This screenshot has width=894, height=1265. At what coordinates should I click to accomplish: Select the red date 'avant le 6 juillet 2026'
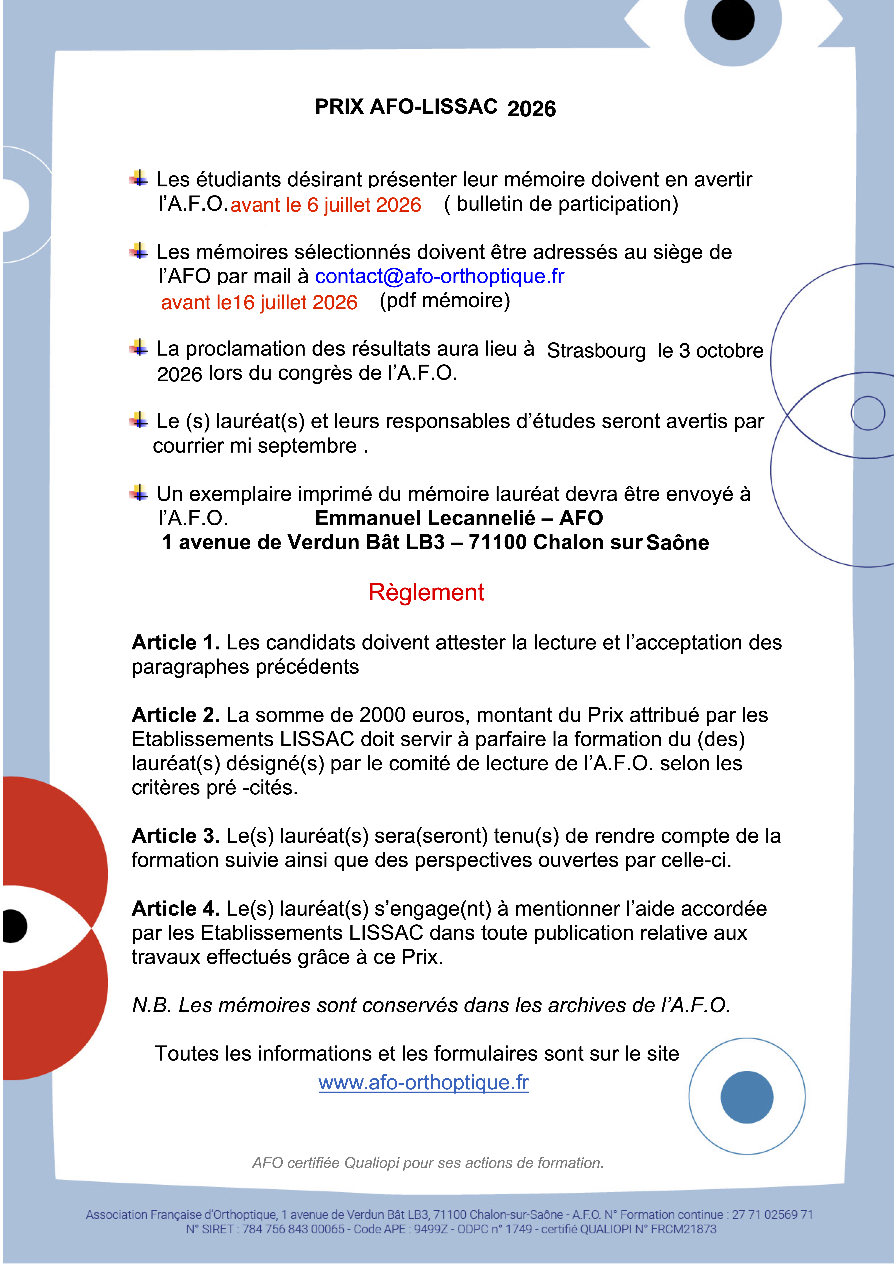(x=326, y=205)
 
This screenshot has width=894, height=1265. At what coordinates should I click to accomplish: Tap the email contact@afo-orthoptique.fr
(x=439, y=276)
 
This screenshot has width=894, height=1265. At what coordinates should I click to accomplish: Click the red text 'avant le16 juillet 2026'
(x=259, y=303)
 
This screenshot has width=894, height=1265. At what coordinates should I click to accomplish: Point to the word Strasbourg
(x=596, y=351)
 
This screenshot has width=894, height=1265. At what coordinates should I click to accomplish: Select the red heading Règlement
(x=426, y=592)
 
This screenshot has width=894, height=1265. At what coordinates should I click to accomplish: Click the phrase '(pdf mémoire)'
(x=444, y=301)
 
